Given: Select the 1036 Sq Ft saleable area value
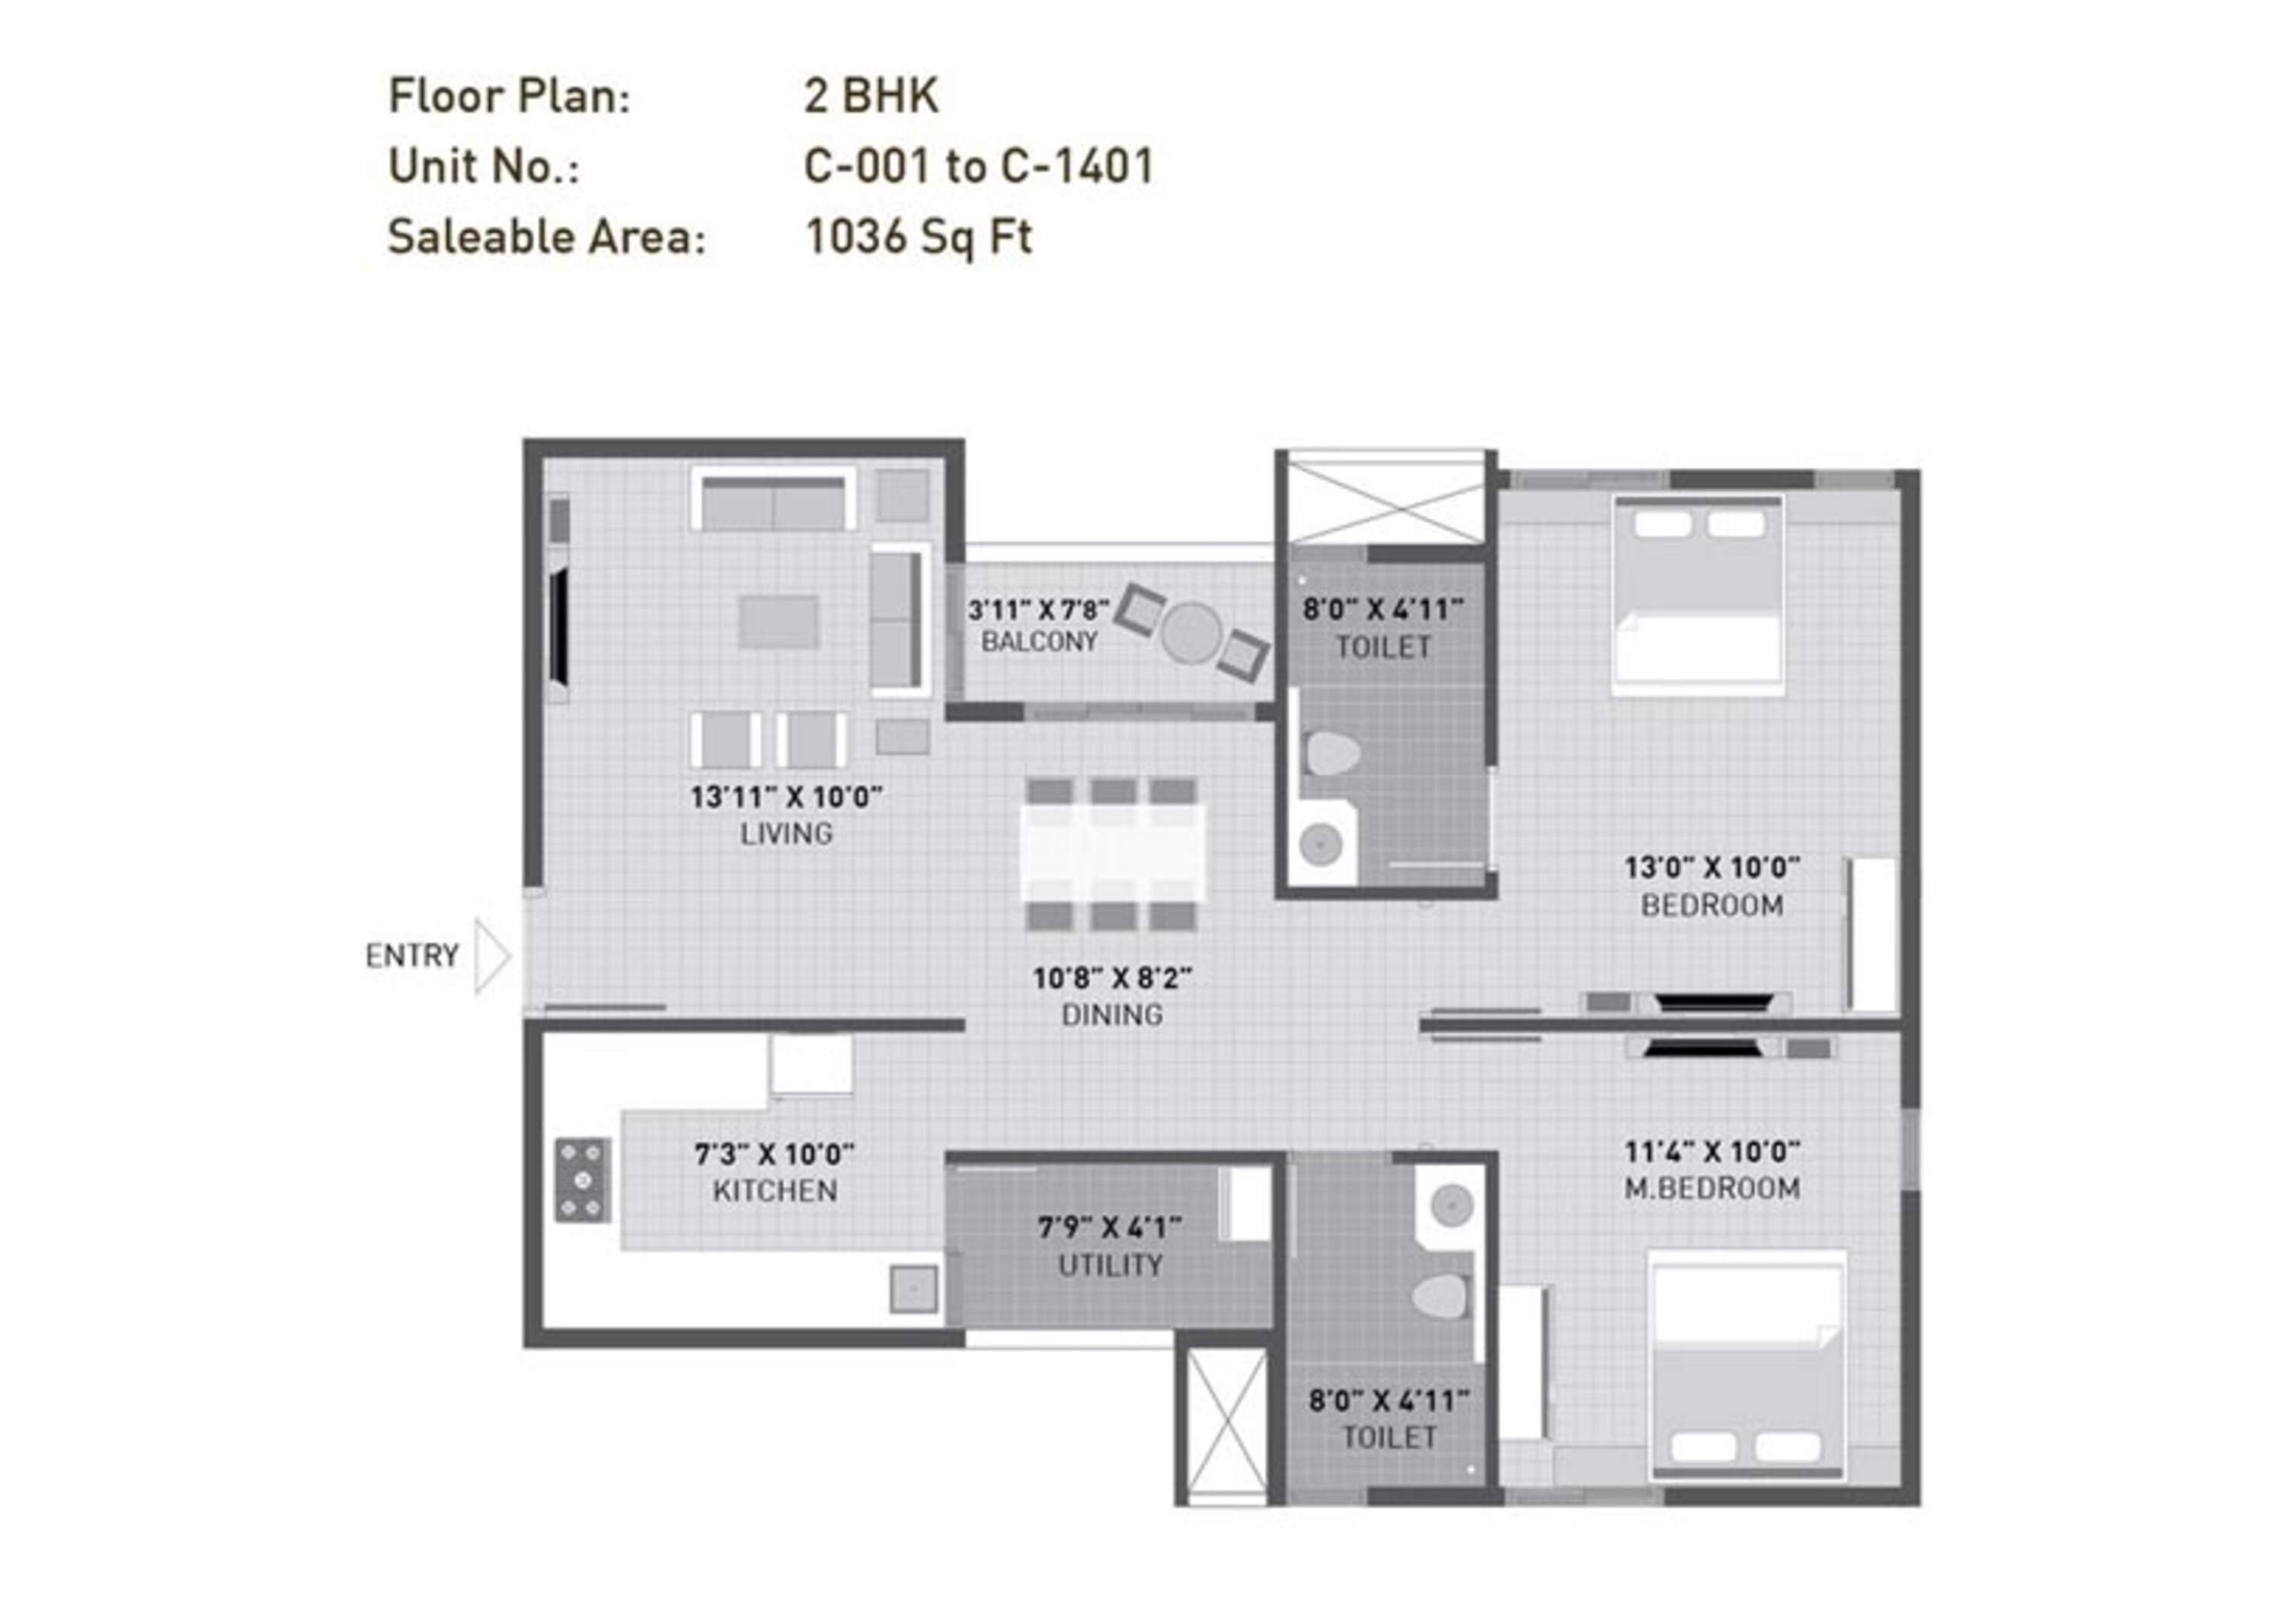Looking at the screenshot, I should tap(918, 237).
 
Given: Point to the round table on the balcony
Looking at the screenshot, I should tap(1190, 633).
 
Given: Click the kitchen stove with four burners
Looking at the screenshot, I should tap(583, 1180).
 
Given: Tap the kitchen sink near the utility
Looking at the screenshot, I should tap(913, 1289).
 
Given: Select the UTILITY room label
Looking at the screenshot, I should tap(1109, 1266).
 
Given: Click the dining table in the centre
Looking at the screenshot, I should tap(1111, 853).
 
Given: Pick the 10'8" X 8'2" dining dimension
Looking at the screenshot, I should tap(1111, 979).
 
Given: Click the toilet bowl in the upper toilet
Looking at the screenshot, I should tap(1332, 754).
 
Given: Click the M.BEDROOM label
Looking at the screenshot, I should tap(1711, 1188).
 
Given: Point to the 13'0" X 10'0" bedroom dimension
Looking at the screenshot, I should tap(1711, 868).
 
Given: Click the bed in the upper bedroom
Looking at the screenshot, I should tap(1696, 596).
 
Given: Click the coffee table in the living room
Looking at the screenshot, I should tap(778, 622).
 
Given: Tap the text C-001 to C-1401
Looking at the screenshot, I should tap(978, 166).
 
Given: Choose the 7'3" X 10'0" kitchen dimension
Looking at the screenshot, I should tap(774, 1154).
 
